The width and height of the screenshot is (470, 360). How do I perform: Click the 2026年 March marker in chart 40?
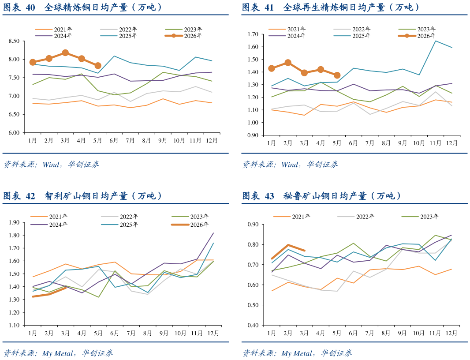pyautogui.click(x=65, y=53)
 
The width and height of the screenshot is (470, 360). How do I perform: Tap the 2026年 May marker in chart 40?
pyautogui.click(x=98, y=65)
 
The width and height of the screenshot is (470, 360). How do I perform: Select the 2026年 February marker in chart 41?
pyautogui.click(x=288, y=63)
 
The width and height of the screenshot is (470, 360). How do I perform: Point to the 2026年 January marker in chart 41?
pyautogui.click(x=272, y=68)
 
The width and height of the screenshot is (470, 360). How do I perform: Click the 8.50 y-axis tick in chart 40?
pyautogui.click(x=14, y=41)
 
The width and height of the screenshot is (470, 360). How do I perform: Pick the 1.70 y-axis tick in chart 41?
pyautogui.click(x=253, y=34)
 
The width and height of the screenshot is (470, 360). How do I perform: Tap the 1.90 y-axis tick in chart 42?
pyautogui.click(x=14, y=222)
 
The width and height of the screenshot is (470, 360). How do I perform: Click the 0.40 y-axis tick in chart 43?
pyautogui.click(x=253, y=325)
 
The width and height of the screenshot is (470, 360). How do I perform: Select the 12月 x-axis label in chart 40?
pyautogui.click(x=212, y=140)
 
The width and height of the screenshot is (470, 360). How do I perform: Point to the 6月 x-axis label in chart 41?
pyautogui.click(x=354, y=143)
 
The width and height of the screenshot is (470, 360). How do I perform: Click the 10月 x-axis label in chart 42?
pyautogui.click(x=180, y=333)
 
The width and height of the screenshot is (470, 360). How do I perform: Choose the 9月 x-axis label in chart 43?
pyautogui.click(x=402, y=333)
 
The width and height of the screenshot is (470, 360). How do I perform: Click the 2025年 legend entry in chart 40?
pyautogui.click(x=119, y=36)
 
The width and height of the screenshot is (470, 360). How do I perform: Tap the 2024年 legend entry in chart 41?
pyautogui.click(x=287, y=36)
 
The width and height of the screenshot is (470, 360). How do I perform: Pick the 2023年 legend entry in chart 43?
pyautogui.click(x=420, y=217)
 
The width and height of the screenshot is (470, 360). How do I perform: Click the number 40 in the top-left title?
pyautogui.click(x=30, y=7)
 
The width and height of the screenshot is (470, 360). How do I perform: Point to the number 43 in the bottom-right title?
pyautogui.click(x=269, y=196)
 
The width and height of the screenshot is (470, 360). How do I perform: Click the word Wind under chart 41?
pyautogui.click(x=290, y=165)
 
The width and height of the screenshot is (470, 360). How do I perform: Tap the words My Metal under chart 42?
pyautogui.click(x=58, y=353)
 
